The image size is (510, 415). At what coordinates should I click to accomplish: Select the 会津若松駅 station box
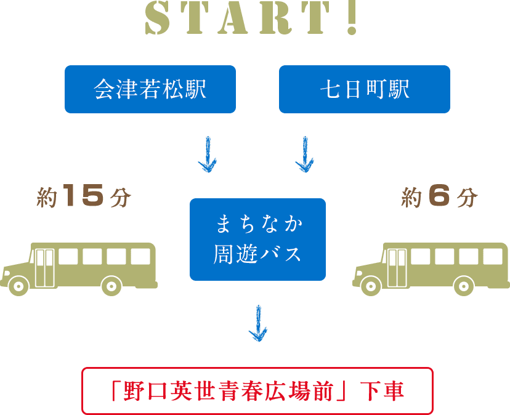click(150, 89)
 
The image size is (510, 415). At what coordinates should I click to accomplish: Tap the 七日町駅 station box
click(365, 89)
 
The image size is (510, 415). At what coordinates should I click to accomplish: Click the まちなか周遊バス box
click(257, 240)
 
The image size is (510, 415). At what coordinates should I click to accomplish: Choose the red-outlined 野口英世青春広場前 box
click(257, 391)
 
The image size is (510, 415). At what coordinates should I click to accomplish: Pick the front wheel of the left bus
click(19, 285)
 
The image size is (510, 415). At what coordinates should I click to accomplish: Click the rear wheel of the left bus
click(111, 285)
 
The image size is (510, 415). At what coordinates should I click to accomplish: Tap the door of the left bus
click(44, 266)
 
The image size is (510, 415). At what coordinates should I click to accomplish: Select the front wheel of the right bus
click(371, 285)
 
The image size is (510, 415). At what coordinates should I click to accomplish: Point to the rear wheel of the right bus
click(464, 285)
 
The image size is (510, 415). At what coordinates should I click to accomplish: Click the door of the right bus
click(397, 266)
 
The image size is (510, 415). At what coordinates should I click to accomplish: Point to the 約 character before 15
click(47, 198)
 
